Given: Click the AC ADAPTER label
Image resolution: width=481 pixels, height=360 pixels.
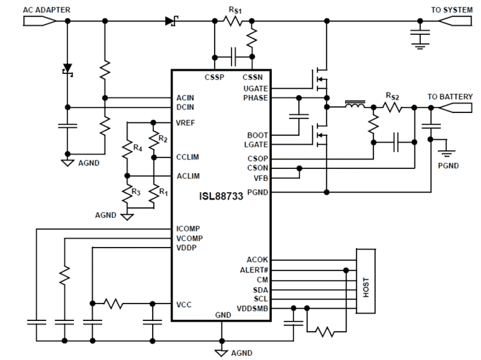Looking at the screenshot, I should pos(46,10).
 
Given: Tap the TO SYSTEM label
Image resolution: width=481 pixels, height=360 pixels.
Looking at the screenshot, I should pos(452,10).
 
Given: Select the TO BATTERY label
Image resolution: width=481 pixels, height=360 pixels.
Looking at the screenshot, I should pos(450,97).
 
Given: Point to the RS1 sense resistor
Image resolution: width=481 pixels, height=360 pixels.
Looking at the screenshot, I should pos(233,21).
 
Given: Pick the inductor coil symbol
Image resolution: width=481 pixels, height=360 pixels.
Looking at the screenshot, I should pos(355,104).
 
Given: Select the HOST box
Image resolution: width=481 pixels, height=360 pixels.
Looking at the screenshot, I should pos(366,281).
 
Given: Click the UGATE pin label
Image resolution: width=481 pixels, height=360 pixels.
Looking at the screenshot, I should pos(255,88).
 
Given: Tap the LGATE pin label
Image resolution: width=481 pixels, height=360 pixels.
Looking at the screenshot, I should pos(255,145).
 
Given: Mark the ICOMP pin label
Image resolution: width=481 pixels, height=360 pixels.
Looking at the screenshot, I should pos(188,229).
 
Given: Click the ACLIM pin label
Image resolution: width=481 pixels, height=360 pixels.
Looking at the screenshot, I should pos(188,176).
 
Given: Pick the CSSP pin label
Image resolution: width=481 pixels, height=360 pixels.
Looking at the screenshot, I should pos(214,77).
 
